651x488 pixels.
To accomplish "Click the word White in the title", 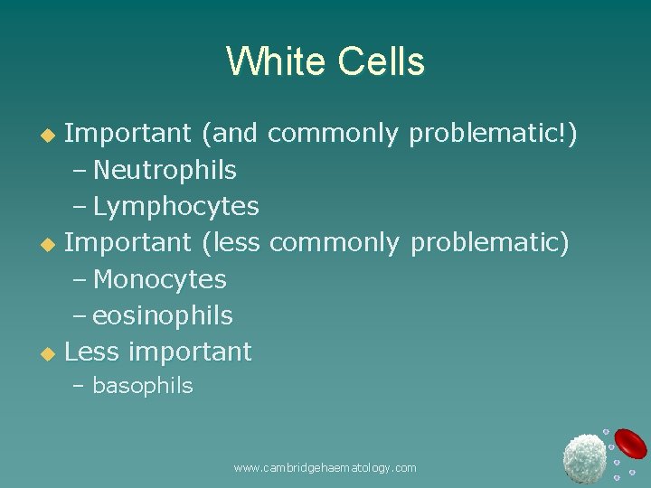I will (276, 62).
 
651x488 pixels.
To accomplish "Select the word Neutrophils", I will (165, 170).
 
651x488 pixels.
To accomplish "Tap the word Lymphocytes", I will (175, 207).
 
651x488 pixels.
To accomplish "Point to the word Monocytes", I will (159, 279).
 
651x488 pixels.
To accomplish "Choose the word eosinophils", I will (163, 315).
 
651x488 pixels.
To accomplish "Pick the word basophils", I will (143, 386).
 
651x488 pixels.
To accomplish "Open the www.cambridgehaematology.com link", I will (325, 467).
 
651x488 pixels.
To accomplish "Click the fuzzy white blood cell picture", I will (584, 457).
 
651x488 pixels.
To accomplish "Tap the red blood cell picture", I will (630, 443).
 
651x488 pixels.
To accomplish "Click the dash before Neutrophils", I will (80, 171).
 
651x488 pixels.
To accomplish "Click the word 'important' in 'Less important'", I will (191, 351).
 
